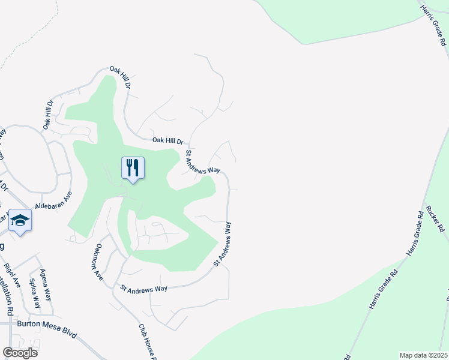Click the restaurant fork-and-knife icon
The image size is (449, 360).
click(133, 167)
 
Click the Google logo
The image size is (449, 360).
click(19, 353)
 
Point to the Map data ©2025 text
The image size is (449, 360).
click(423, 355)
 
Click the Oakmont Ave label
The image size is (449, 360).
click(97, 262)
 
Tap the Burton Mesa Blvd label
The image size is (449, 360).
click(47, 329)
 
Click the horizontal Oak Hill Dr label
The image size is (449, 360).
click(167, 140)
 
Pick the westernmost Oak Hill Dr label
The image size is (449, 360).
click(48, 115)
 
